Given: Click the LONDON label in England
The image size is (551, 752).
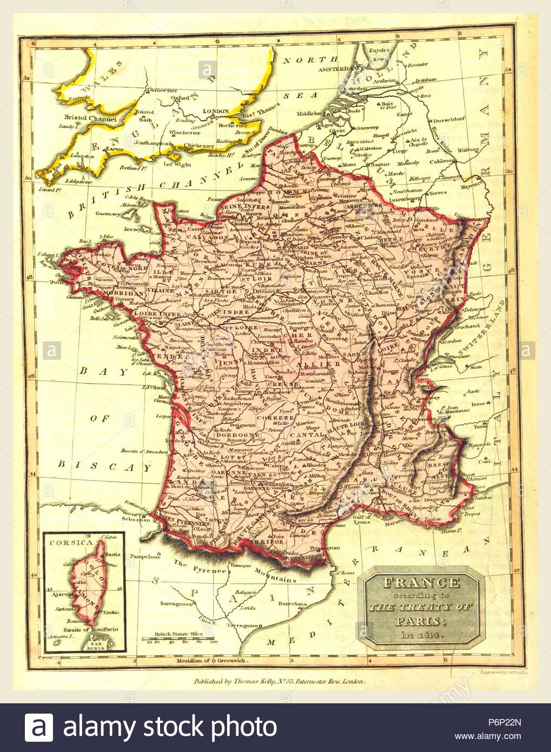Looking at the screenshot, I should [x=215, y=111].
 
